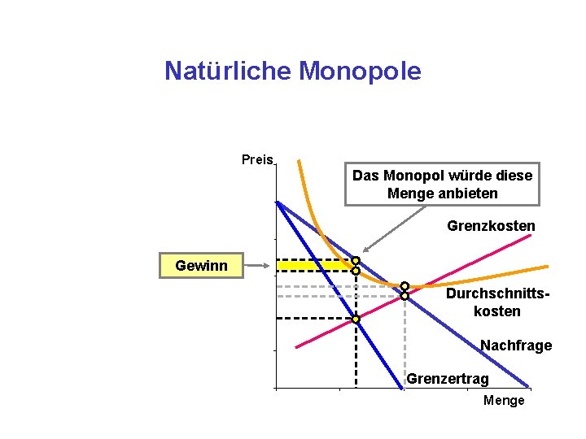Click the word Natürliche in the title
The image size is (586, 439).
tap(229, 72)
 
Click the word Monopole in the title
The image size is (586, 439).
tap(360, 72)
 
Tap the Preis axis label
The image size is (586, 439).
tap(257, 159)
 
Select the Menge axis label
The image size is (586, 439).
tap(504, 401)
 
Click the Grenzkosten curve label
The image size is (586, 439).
tap(491, 226)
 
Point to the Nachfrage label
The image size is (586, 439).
tap(515, 346)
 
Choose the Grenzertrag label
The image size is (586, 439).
tap(448, 379)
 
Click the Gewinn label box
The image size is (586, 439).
tap(201, 266)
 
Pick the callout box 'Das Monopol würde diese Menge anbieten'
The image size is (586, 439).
tap(442, 185)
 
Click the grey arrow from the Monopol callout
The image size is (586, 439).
tap(395, 228)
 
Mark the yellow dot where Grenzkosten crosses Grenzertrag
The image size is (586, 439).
tap(356, 319)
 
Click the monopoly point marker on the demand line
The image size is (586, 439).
tap(356, 261)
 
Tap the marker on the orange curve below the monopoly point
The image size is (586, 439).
tap(356, 271)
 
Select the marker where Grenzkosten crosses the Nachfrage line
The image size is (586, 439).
tap(405, 296)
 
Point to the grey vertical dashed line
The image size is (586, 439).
tap(405, 341)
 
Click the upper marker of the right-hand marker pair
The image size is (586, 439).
tap(405, 286)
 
